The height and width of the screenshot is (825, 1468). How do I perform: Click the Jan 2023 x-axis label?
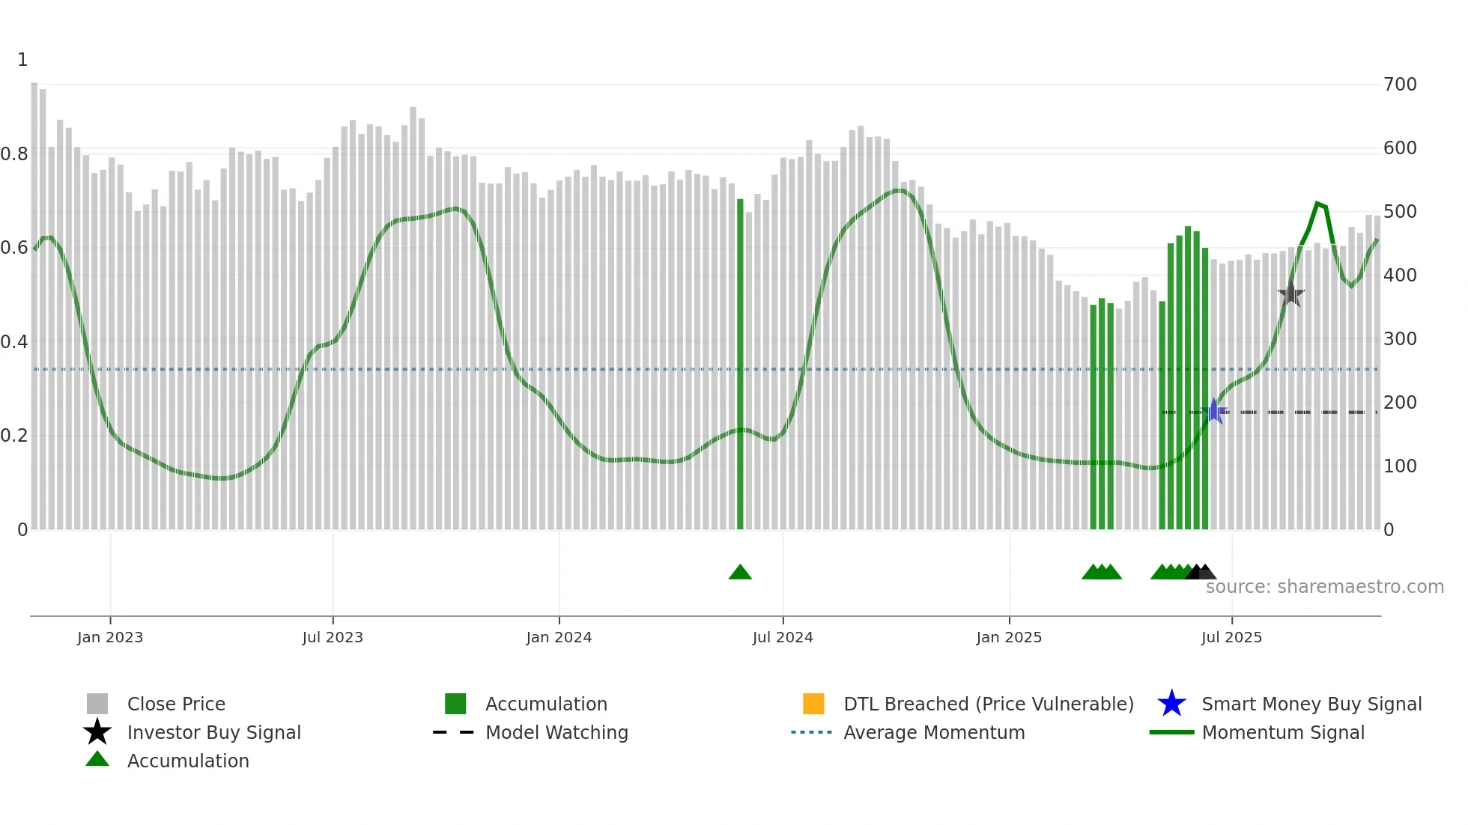tap(110, 638)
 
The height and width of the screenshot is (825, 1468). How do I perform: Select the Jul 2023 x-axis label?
tap(333, 638)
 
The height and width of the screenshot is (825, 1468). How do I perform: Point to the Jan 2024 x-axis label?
tap(559, 638)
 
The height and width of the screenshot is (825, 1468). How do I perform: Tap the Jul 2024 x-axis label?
tap(783, 638)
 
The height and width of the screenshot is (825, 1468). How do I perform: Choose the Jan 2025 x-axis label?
tap(1009, 638)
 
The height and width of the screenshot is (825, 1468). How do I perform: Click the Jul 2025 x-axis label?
tap(1231, 638)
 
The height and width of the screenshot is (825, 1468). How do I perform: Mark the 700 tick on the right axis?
tap(1400, 85)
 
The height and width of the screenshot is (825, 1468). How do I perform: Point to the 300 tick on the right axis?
tap(1400, 339)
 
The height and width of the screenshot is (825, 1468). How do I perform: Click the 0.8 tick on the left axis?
tap(14, 154)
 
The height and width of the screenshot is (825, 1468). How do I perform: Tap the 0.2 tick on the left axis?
tap(14, 436)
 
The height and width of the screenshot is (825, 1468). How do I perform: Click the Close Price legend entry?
tap(176, 704)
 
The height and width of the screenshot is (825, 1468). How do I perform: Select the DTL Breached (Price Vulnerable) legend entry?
tap(988, 704)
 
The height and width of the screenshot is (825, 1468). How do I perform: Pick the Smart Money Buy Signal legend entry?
tap(1311, 704)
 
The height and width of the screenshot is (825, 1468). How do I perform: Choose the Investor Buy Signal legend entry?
tap(213, 733)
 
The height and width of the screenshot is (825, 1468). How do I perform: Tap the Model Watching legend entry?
tap(556, 733)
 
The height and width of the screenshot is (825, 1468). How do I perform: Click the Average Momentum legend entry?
tap(933, 733)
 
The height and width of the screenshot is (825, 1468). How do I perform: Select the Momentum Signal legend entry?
tap(1282, 733)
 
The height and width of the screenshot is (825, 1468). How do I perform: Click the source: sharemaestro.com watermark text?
tap(1324, 587)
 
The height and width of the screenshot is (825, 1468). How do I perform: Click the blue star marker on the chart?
tap(1214, 411)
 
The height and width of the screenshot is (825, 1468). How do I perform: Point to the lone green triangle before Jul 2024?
tap(740, 573)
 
